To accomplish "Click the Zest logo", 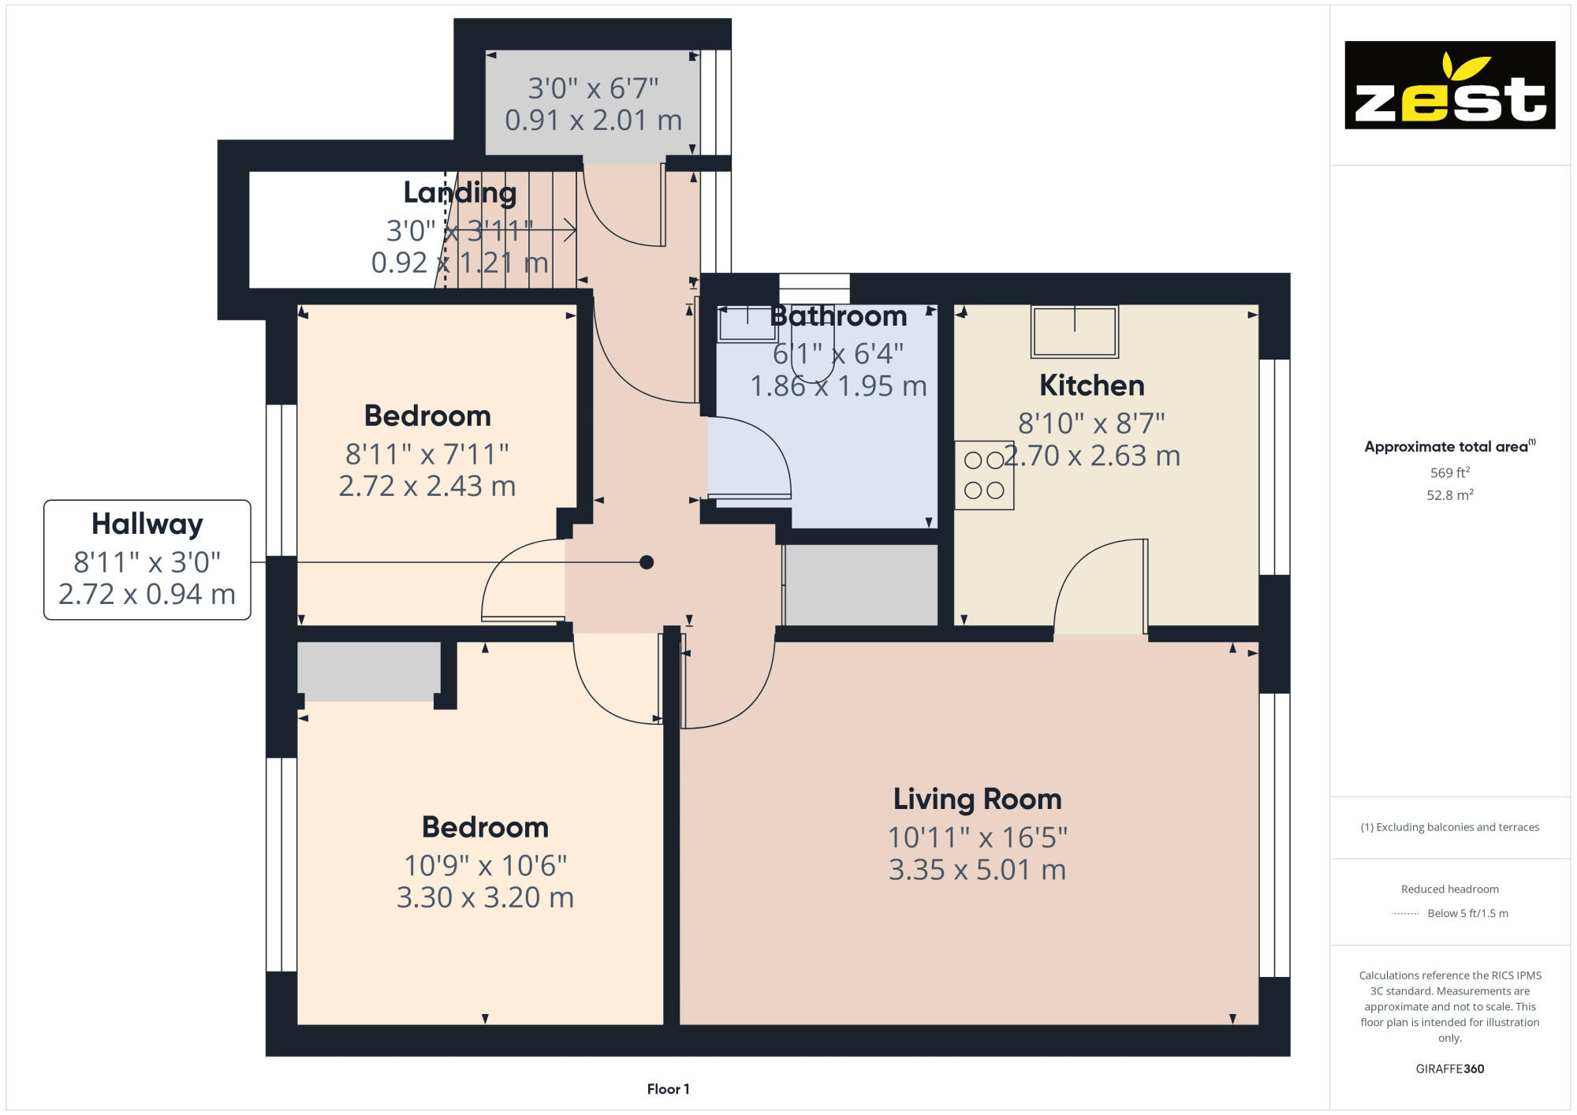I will click(1449, 85).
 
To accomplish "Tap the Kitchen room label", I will click(1091, 386).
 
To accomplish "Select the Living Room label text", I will click(977, 800).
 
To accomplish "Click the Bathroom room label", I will click(838, 316).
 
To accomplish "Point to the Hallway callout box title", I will click(147, 524).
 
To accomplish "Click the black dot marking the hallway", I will click(647, 562).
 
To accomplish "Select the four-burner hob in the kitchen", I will click(984, 475).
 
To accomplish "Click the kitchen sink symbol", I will click(1075, 331).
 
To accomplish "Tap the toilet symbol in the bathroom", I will click(812, 363).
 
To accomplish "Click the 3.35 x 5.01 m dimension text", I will click(977, 870).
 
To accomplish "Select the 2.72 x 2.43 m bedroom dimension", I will click(427, 486).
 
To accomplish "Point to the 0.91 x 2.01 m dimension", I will click(593, 121).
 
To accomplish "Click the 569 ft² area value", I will click(1449, 472).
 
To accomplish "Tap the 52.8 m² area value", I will click(1449, 495).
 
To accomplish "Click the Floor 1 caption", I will click(668, 1089).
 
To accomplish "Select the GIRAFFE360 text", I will click(1449, 1069).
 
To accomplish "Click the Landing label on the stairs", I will click(460, 192).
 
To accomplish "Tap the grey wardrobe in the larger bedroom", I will click(368, 670).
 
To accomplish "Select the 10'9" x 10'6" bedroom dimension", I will click(485, 866).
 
